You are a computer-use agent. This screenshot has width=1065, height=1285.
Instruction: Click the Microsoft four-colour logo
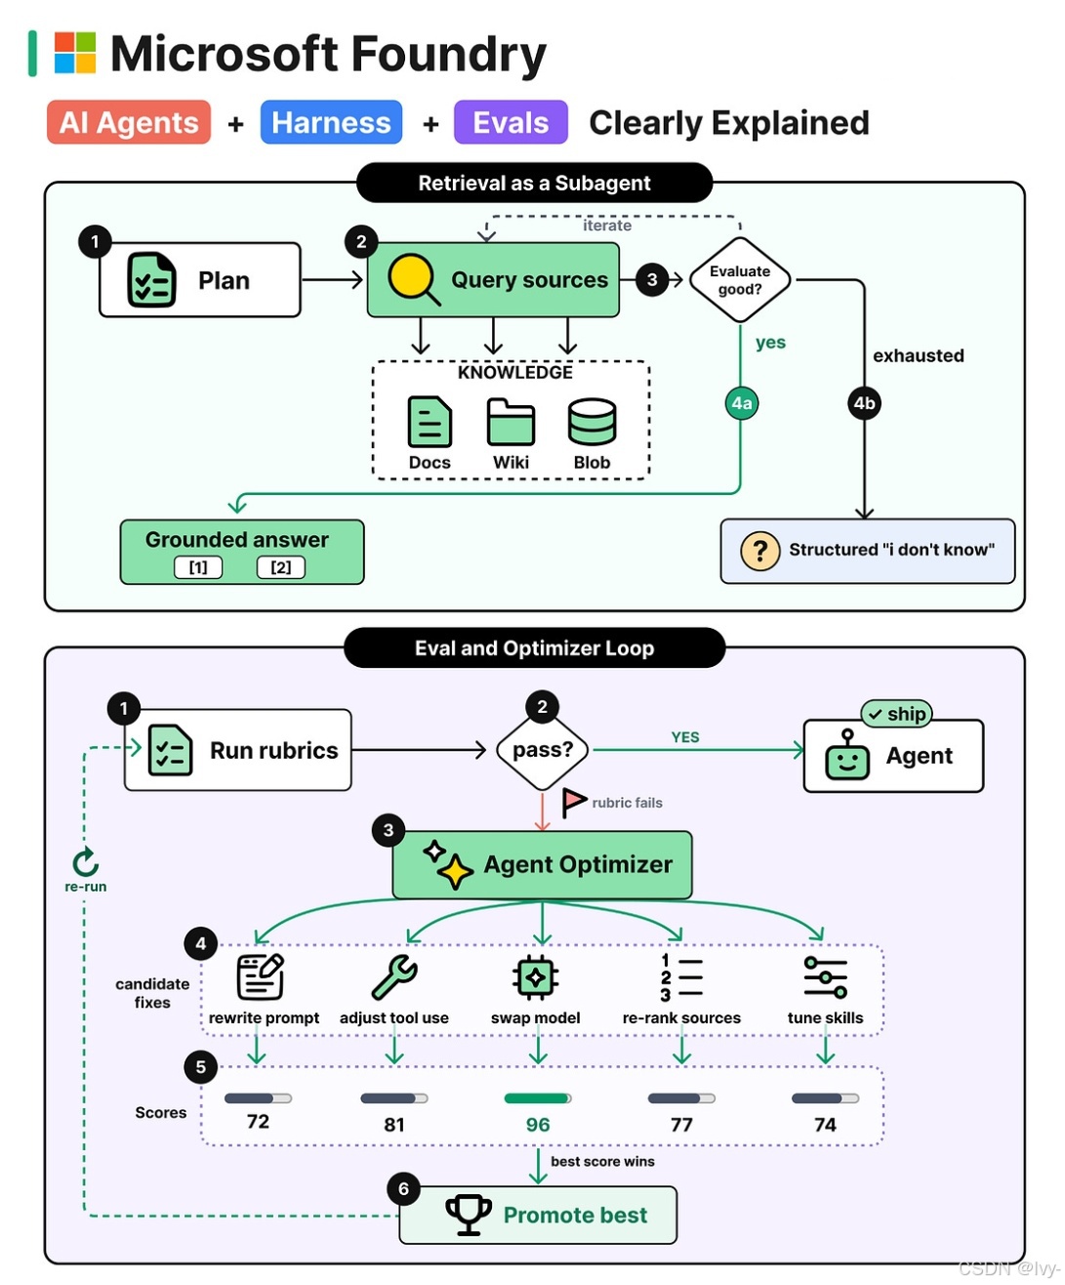click(74, 53)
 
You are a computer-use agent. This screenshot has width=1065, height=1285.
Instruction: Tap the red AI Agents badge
click(129, 122)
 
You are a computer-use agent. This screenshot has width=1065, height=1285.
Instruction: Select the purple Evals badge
click(510, 122)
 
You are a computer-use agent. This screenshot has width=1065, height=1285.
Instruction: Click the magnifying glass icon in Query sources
click(413, 279)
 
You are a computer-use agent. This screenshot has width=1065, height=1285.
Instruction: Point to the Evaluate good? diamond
click(739, 279)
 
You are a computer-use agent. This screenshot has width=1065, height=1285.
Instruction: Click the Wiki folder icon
click(510, 421)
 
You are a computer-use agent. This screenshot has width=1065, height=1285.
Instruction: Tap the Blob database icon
click(592, 421)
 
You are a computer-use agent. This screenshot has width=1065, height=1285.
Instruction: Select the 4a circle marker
click(741, 403)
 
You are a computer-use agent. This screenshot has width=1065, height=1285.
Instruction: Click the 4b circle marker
click(864, 403)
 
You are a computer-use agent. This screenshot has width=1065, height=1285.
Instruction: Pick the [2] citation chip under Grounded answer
click(280, 566)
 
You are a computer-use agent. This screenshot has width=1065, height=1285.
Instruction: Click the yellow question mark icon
click(759, 550)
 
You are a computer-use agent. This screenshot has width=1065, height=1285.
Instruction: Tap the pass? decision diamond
click(542, 749)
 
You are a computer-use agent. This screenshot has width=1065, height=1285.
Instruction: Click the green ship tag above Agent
click(896, 714)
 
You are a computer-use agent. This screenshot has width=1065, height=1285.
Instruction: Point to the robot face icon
click(846, 755)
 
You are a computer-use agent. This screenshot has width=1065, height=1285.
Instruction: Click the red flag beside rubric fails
click(573, 803)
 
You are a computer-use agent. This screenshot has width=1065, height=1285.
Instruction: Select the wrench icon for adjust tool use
click(393, 976)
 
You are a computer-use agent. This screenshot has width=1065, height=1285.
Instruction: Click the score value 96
click(537, 1125)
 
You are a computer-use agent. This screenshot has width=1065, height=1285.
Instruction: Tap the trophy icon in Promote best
click(468, 1215)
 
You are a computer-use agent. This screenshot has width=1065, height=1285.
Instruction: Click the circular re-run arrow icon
click(86, 861)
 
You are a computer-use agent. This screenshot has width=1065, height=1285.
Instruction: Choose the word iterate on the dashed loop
click(606, 226)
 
